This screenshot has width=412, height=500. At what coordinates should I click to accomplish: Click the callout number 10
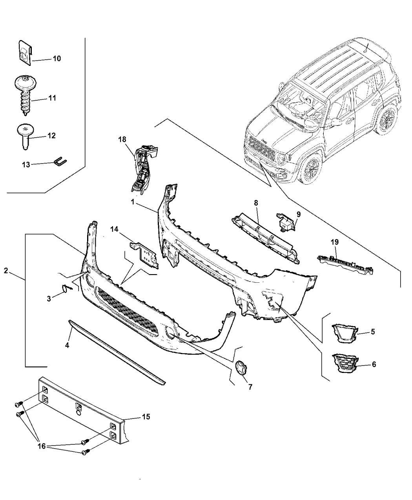click(x=57, y=58)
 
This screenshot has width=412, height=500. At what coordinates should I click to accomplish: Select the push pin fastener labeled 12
click(x=25, y=135)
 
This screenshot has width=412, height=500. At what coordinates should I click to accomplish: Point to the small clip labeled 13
click(x=60, y=162)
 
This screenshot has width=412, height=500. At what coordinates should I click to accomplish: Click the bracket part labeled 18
click(x=142, y=169)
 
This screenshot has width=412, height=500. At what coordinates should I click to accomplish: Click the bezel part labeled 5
click(x=344, y=332)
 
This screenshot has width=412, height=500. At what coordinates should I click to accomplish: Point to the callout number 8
click(x=256, y=203)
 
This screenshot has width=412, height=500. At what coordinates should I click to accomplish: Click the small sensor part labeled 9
click(x=286, y=222)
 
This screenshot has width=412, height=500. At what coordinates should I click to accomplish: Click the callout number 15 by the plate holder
click(x=146, y=416)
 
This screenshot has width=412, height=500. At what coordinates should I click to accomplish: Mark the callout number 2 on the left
click(x=6, y=271)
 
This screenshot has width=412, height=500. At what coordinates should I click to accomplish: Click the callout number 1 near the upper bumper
click(x=133, y=202)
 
